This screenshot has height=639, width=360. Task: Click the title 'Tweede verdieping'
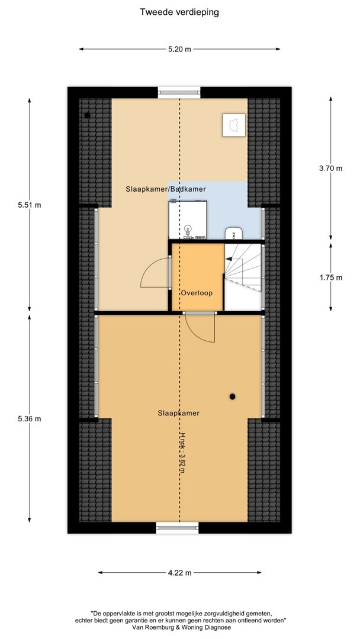[179, 12]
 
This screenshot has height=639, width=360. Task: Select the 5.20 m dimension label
[179, 49]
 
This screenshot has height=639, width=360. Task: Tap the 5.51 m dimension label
[30, 205]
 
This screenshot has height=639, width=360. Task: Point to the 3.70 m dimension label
[330, 168]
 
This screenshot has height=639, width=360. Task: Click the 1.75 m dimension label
[330, 277]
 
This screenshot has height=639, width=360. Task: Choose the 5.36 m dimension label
[30, 418]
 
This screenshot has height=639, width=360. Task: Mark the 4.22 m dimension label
[179, 573]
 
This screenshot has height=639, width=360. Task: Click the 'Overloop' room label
[197, 293]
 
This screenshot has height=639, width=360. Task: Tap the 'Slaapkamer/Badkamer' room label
[166, 189]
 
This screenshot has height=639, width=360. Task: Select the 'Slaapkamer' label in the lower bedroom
[179, 413]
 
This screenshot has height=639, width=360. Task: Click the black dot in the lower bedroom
[232, 396]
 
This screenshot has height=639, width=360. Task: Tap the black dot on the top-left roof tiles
[87, 115]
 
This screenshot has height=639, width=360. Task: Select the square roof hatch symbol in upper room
[234, 125]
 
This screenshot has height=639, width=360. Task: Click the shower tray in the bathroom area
[188, 220]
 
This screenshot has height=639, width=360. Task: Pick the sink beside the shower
[234, 234]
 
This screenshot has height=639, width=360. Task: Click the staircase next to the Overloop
[243, 277]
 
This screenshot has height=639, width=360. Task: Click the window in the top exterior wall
[179, 92]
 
